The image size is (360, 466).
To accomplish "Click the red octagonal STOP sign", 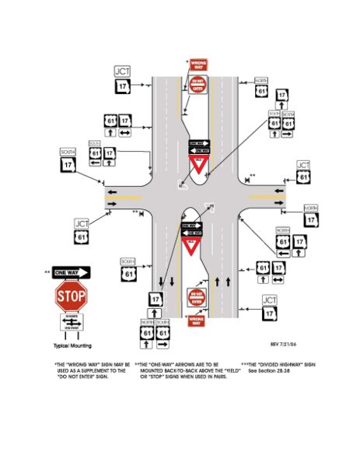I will [70, 296].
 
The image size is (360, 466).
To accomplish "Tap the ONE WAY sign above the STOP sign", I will [71, 272].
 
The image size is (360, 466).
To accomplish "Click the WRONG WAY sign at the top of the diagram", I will [199, 65].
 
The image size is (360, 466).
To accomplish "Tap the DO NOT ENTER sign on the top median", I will [197, 86].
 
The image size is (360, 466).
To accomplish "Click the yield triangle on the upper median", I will [198, 166].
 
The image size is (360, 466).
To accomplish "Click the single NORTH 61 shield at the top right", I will [262, 89].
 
